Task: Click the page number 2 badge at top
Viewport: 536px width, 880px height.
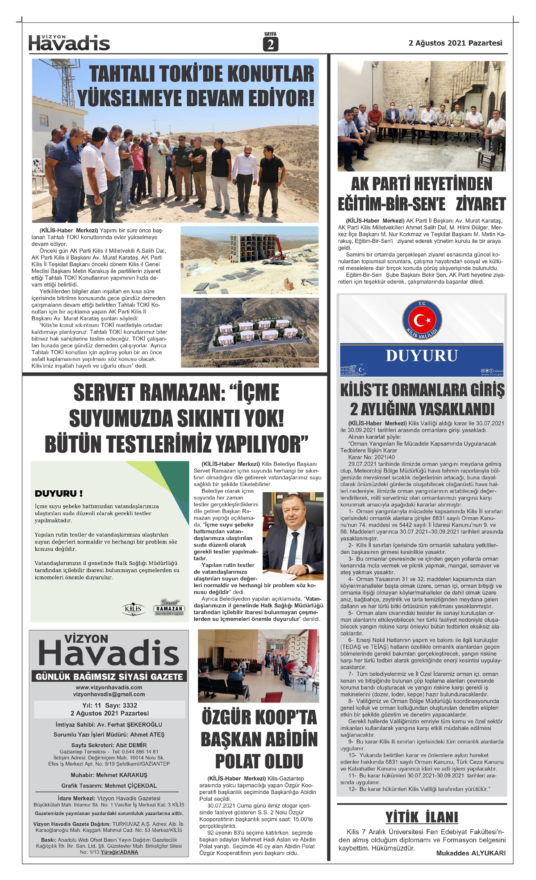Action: pyautogui.click(x=270, y=44)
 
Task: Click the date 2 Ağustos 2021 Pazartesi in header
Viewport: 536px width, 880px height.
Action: pyautogui.click(x=455, y=43)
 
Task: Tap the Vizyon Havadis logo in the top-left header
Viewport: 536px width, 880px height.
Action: pyautogui.click(x=69, y=43)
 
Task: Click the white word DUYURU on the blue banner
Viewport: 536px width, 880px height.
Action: pyautogui.click(x=422, y=356)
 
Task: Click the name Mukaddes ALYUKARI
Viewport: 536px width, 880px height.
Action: pyautogui.click(x=471, y=853)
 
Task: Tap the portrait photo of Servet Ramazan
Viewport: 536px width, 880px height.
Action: pyautogui.click(x=293, y=533)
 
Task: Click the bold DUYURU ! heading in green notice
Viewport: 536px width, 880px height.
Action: pyautogui.click(x=59, y=493)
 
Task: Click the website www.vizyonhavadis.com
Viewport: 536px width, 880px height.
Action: pyautogui.click(x=109, y=687)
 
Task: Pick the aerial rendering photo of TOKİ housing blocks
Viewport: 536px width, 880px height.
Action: pyautogui.click(x=250, y=333)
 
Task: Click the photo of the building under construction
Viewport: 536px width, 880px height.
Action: pyautogui.click(x=250, y=260)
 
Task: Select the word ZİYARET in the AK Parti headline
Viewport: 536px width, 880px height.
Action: pyautogui.click(x=481, y=204)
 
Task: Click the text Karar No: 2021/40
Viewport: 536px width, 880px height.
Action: pyautogui.click(x=372, y=457)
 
